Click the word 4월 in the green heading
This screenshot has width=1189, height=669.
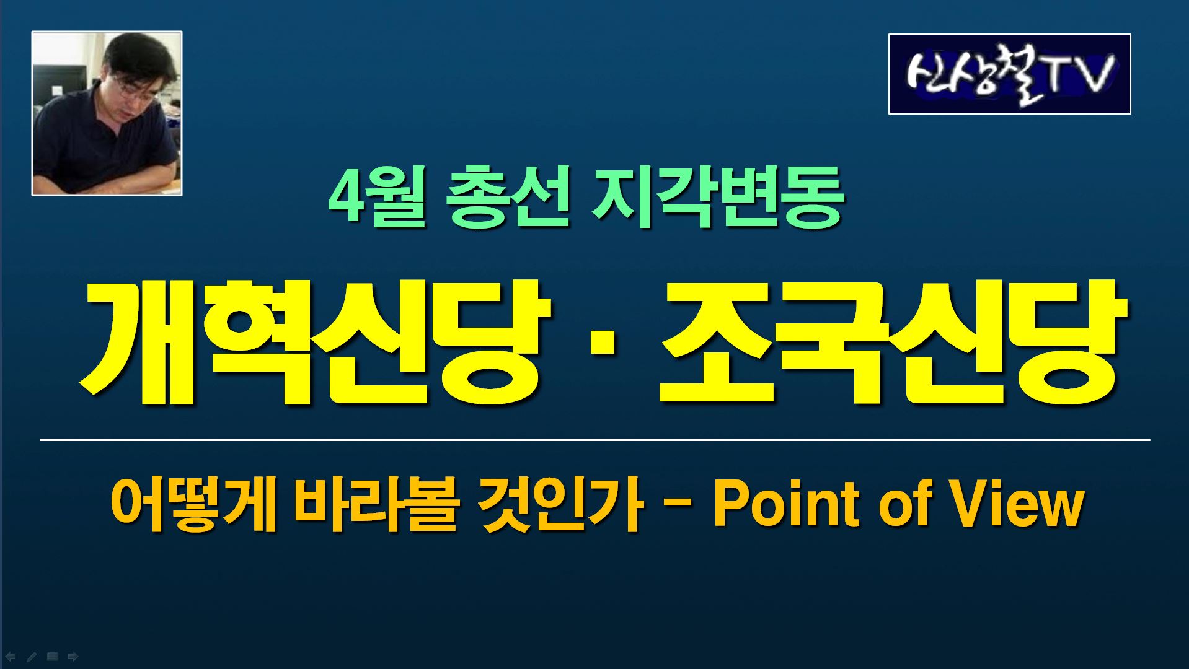377,197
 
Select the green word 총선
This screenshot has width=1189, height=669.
507,197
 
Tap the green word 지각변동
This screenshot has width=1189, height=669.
718,197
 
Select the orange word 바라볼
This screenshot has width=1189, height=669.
376,506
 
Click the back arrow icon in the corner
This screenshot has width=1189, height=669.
11,656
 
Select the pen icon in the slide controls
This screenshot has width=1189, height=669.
32,656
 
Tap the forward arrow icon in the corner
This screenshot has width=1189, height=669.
73,656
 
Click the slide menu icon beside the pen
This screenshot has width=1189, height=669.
53,656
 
